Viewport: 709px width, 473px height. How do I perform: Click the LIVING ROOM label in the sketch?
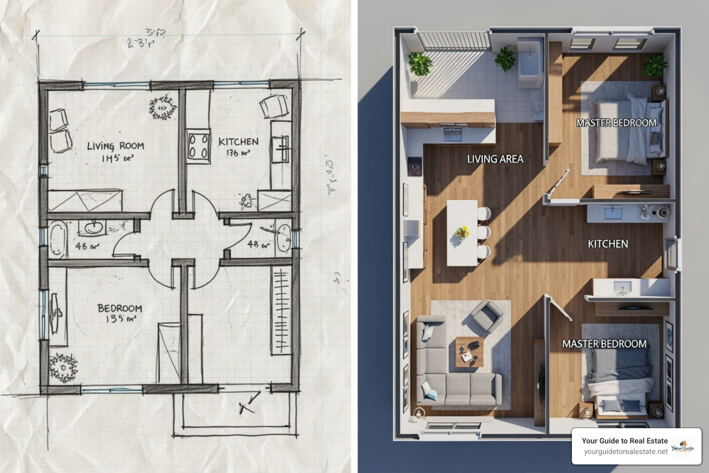115,146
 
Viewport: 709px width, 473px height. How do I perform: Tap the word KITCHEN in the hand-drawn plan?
238,142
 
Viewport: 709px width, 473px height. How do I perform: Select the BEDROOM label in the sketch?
120,308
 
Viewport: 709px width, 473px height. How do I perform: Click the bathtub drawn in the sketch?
58,239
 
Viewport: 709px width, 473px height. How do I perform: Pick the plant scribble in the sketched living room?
162,108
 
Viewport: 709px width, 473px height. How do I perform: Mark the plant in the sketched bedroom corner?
63,367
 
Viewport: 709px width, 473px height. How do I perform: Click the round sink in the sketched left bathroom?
94,227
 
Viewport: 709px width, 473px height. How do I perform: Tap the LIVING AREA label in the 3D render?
495,159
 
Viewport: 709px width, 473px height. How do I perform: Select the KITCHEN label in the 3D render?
607,243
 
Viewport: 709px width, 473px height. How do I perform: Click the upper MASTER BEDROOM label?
616,123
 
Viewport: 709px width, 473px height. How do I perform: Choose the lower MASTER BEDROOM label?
604,344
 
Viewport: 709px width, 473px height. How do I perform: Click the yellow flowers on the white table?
462,232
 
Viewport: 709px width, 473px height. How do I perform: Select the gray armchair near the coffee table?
486,315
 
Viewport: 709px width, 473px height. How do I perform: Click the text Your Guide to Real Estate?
625,441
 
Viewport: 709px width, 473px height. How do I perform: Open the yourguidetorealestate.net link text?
625,452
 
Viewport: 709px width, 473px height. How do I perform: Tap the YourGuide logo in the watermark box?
683,447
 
